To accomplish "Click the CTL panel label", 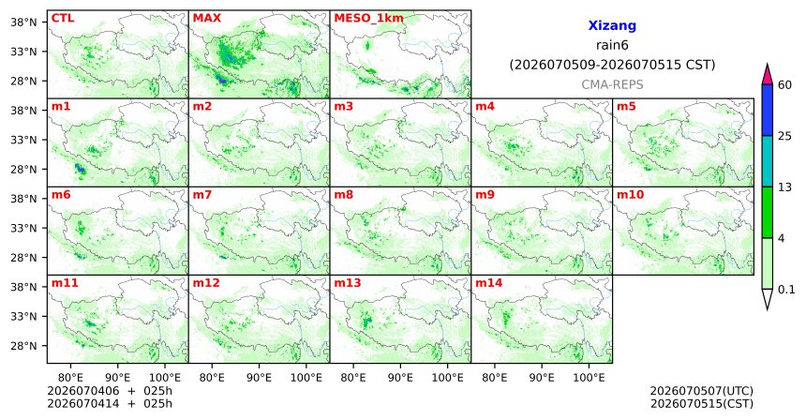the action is coord(63,19).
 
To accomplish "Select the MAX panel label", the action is coord(206,19).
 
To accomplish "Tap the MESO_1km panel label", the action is coord(368,19).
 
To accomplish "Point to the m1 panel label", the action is coord(61,107).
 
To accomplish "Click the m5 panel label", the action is coord(626,107).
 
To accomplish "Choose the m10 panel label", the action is coord(630,195).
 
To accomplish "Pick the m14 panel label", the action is coord(489,283).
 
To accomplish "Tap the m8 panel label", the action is coord(343,195).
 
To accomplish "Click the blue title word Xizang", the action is coord(612,25).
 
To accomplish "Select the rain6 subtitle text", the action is coord(612,45).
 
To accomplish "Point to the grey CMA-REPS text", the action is coord(612,84).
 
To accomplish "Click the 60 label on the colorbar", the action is coord(784,84).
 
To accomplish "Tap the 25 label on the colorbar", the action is coord(784,136).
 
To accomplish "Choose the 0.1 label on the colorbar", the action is coord(786,290).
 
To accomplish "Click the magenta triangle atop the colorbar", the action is coord(768,75).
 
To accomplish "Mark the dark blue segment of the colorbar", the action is coord(768,110).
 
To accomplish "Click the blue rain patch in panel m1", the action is coord(80,169).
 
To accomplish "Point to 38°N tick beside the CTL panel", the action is coord(24,22).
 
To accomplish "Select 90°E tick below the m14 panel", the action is coord(542,378).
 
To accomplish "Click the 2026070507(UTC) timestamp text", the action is coord(702,392).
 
